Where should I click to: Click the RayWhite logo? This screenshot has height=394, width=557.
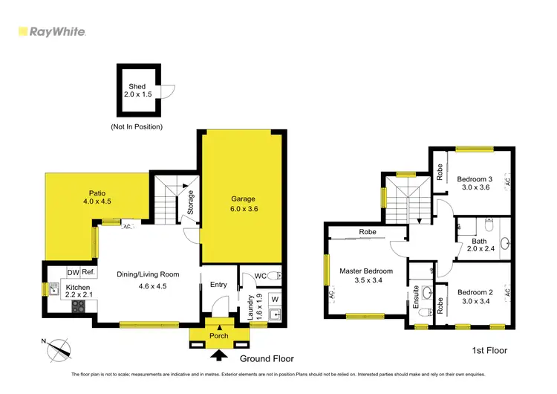(x=51, y=32)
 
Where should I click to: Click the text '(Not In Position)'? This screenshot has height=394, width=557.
(x=136, y=127)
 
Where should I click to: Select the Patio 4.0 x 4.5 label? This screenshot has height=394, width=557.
(x=96, y=197)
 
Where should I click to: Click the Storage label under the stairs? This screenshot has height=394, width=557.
(x=190, y=203)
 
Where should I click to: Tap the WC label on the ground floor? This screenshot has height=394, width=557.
(x=260, y=277)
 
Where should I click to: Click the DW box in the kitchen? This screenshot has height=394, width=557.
(x=73, y=272)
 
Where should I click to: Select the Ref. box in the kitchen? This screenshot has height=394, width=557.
(x=88, y=272)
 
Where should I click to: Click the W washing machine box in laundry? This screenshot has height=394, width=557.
(x=274, y=299)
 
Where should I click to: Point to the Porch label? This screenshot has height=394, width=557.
(x=219, y=335)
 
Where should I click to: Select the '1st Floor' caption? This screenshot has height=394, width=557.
(x=489, y=349)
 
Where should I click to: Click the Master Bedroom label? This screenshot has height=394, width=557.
(x=366, y=271)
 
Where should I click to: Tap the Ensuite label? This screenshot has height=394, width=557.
(x=416, y=297)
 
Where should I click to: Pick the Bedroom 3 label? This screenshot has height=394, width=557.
(x=474, y=179)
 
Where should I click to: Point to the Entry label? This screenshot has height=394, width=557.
(x=218, y=285)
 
